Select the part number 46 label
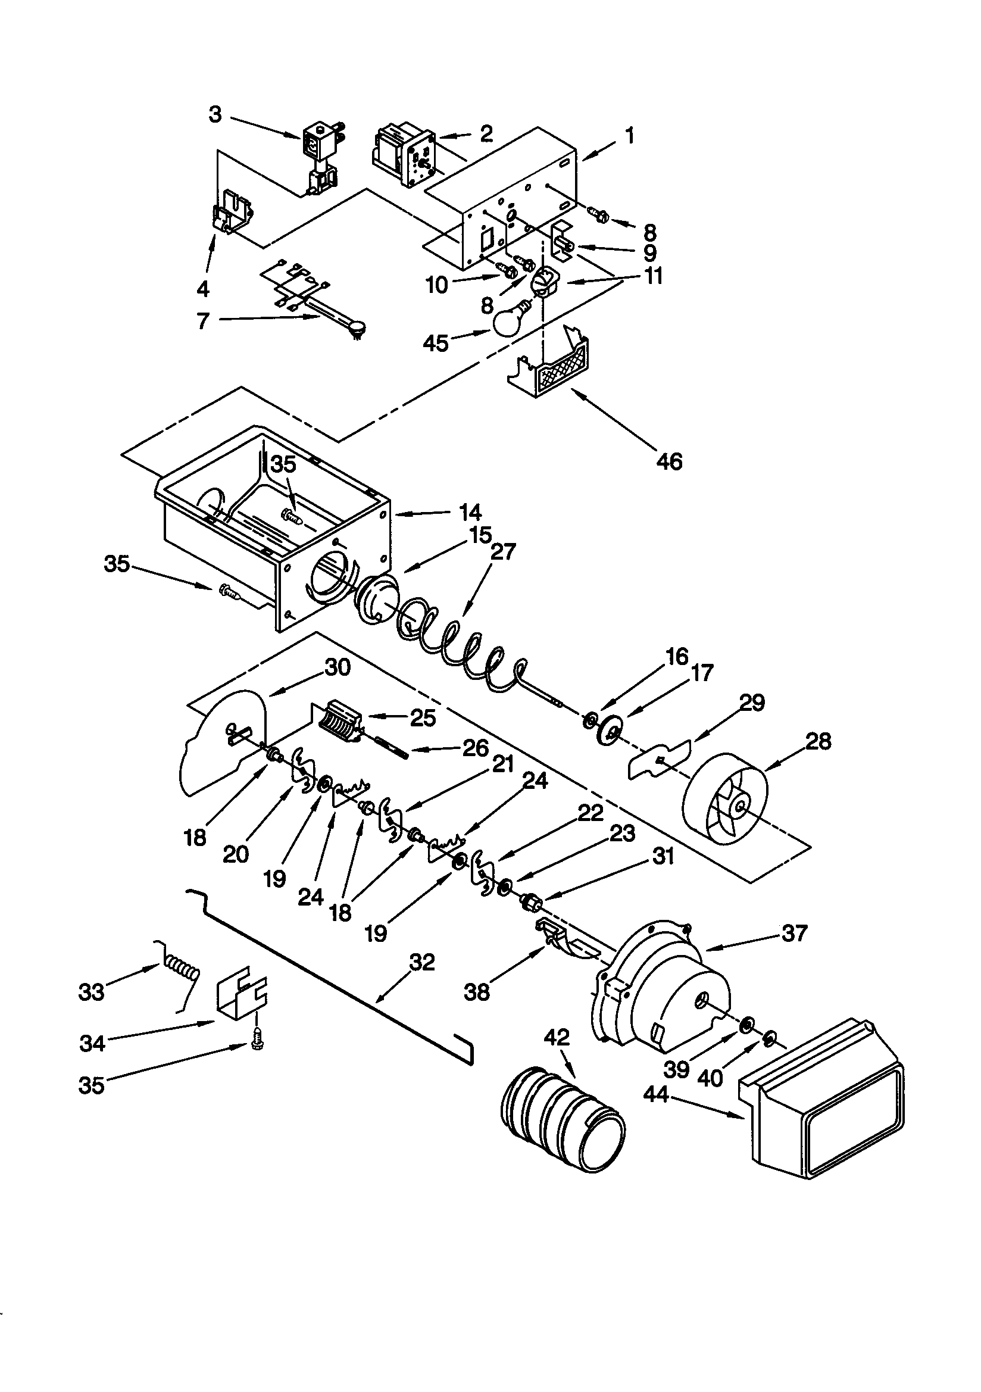pos(669,462)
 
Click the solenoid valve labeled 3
pos(320,159)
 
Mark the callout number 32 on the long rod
pos(422,962)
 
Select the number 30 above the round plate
pos(337,667)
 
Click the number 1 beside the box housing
pos(630,136)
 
